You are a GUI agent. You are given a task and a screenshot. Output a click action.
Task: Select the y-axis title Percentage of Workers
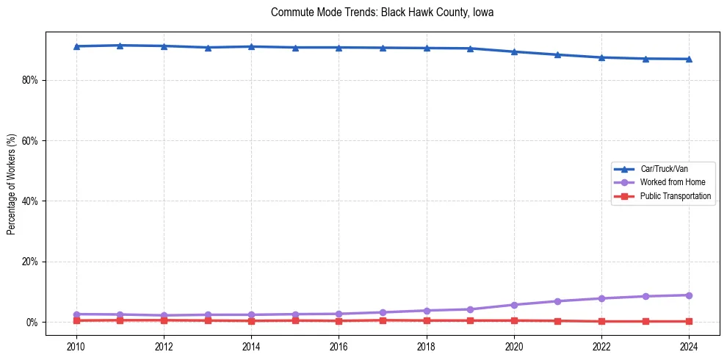[x=12, y=184]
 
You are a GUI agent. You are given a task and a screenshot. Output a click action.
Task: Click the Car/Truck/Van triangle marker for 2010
[x=76, y=46]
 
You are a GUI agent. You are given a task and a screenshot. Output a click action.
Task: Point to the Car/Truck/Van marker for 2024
[x=689, y=59]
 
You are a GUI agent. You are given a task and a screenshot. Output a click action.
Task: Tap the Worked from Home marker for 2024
[x=689, y=295]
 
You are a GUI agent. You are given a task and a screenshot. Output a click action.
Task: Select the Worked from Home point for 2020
[x=514, y=305]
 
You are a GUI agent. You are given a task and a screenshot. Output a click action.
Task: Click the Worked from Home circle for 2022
[x=601, y=298]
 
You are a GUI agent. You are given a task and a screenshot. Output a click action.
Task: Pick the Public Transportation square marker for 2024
[x=689, y=321]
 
